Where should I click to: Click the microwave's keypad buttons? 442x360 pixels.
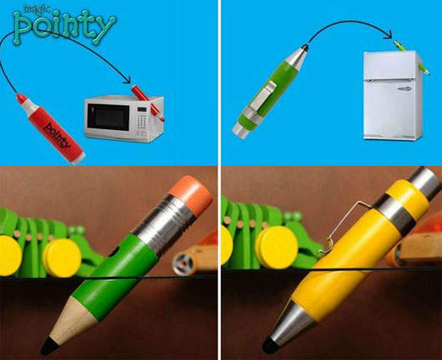coord(142,121)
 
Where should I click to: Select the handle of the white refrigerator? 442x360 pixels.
coord(404,89)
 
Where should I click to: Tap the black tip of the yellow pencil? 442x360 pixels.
coord(271,345)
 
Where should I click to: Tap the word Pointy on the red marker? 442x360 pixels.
coord(58,135)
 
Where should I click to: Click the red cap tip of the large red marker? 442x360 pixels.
coord(22,98)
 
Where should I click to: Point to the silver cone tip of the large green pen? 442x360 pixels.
coord(298,56)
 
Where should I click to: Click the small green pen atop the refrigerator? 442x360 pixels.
coord(411,57)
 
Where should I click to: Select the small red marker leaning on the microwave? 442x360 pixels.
coord(148,102)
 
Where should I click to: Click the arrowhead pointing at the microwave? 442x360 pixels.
coord(128,80)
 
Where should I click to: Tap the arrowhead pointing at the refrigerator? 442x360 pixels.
coord(389,35)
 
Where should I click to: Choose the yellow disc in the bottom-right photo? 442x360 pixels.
coord(276,247)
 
